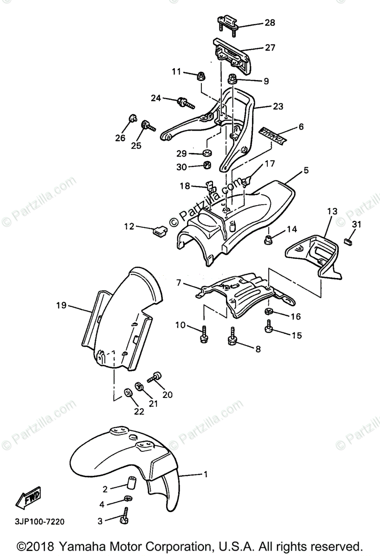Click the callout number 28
click(269, 22)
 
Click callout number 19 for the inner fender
click(61, 305)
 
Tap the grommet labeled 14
click(268, 239)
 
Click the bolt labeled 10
click(203, 335)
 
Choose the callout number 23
click(277, 106)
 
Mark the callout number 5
click(306, 170)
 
